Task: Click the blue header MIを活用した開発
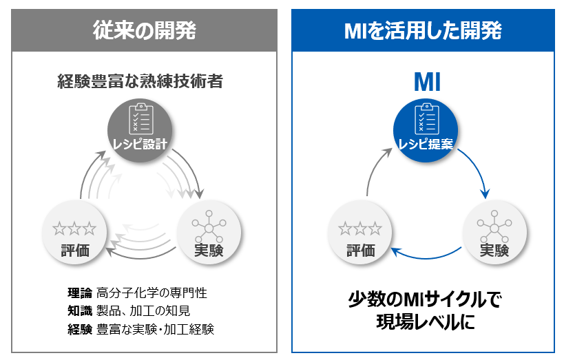[423, 30]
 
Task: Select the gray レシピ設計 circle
[140, 129]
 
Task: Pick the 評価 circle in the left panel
[74, 237]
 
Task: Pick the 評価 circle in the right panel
[359, 237]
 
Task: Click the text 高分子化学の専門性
[152, 293]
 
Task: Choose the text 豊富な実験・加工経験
[156, 329]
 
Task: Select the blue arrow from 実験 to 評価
[427, 258]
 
